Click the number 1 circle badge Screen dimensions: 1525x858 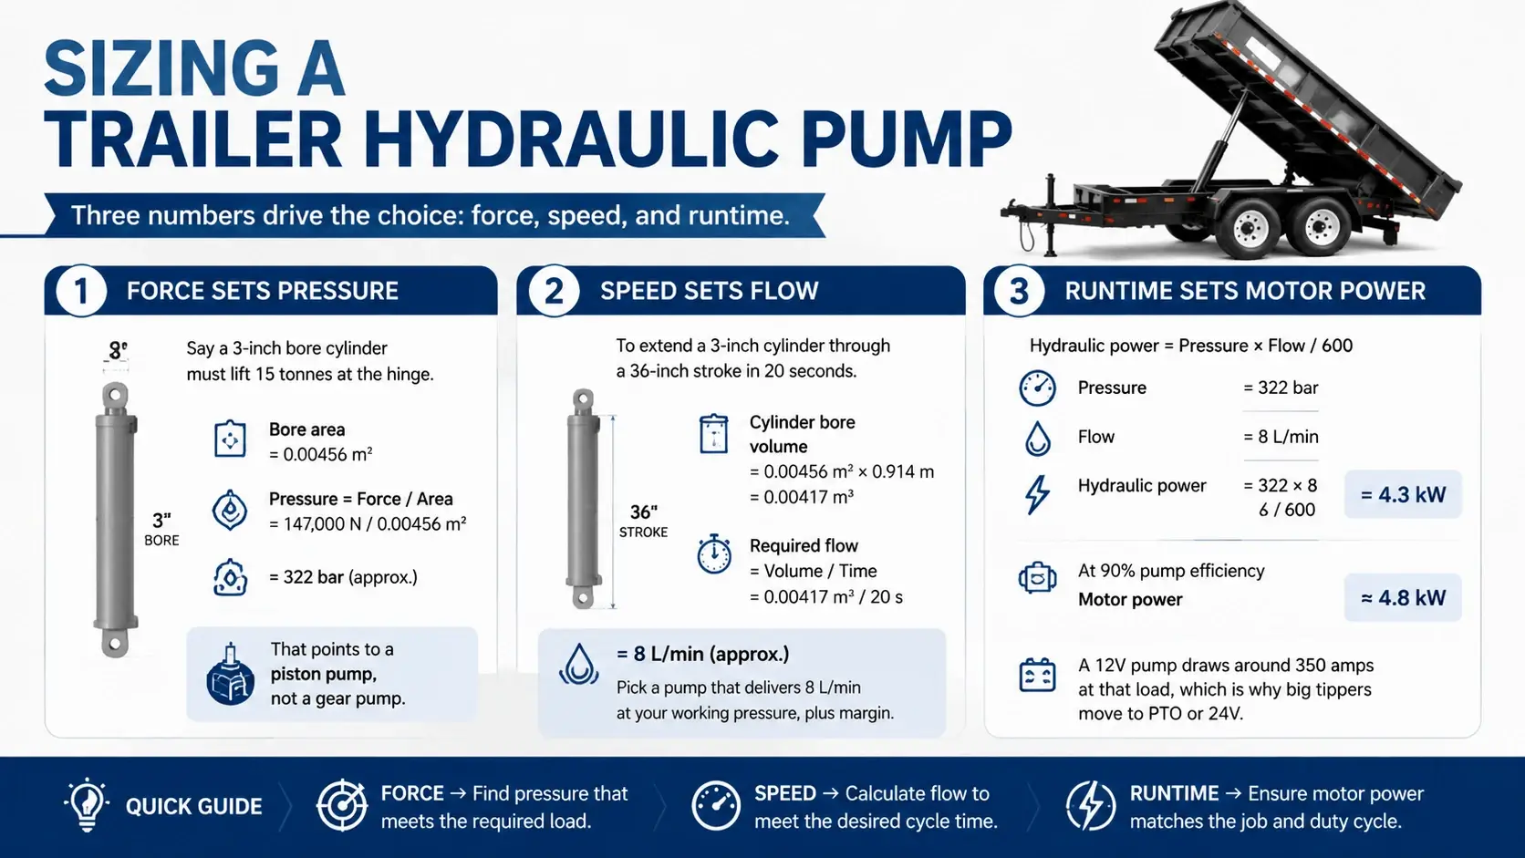point(81,291)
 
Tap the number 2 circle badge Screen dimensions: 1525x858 point(555,291)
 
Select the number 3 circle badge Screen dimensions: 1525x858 point(1019,291)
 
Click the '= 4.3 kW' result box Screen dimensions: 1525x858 point(1403,495)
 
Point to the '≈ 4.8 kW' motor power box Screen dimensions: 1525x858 point(1403,597)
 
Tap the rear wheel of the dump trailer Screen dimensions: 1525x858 point(1320,225)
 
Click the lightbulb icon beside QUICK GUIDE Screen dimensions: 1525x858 point(87,805)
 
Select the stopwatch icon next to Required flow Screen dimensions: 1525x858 point(714,553)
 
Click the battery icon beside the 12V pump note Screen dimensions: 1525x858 point(1037,675)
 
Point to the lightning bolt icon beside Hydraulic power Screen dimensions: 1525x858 point(1037,494)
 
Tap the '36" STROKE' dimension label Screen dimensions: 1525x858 point(643,522)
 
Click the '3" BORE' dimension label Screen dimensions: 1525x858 point(161,530)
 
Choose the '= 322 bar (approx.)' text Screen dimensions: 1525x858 point(343,577)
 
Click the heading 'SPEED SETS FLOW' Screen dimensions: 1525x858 point(709,291)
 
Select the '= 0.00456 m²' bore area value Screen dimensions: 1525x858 point(321,454)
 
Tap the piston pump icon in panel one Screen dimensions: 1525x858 point(230,674)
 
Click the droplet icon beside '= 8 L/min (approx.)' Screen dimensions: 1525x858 point(578,664)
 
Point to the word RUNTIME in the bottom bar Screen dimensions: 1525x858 point(1174,793)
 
